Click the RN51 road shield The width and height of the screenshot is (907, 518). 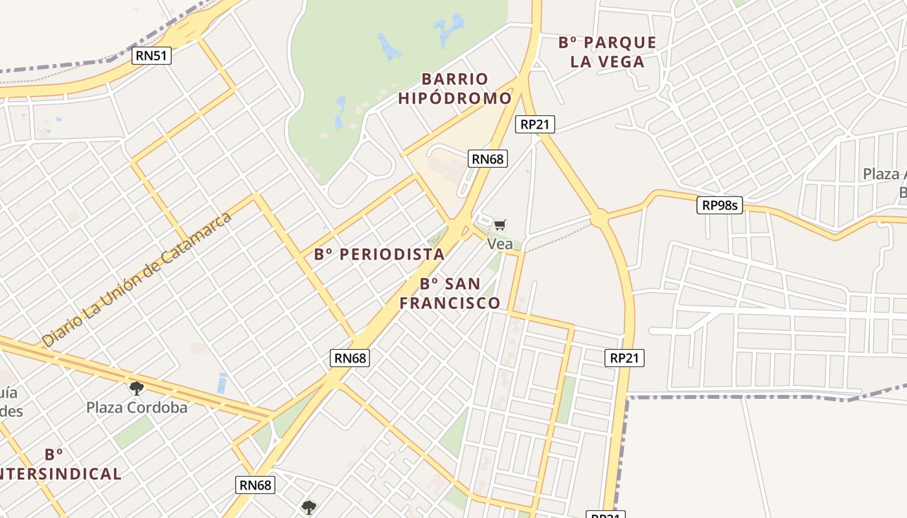(152, 56)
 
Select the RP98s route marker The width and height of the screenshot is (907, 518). (720, 206)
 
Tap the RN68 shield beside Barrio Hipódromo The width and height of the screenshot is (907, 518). (487, 159)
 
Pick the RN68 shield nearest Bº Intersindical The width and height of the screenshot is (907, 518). (256, 484)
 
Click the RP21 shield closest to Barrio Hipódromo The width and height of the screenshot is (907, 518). (535, 124)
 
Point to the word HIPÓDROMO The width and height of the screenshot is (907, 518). (454, 99)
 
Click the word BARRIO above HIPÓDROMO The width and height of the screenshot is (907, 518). (455, 79)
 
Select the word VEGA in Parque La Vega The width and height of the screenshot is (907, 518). (622, 62)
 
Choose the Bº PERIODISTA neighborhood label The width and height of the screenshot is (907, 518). (380, 254)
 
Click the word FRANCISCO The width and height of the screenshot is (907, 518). (450, 303)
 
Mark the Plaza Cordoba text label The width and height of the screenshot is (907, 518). (137, 407)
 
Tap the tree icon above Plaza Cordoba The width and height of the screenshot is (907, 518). (136, 388)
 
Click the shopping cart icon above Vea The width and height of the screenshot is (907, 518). (499, 225)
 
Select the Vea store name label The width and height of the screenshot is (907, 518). (499, 244)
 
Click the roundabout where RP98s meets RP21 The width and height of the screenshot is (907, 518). (599, 218)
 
